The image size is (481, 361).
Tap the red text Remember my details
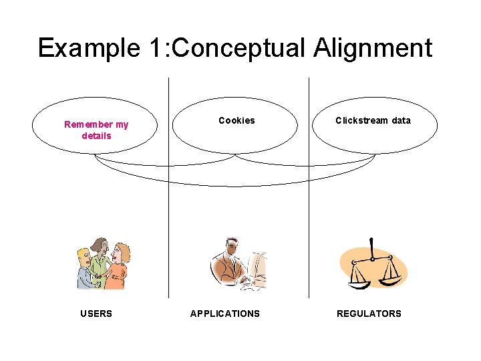click(x=96, y=130)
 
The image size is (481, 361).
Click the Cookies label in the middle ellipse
click(x=236, y=121)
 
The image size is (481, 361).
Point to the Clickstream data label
click(x=373, y=121)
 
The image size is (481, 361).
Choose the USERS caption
click(x=96, y=314)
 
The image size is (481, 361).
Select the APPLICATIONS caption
click(x=225, y=314)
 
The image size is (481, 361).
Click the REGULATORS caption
click(x=369, y=314)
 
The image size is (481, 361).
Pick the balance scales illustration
click(x=373, y=263)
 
